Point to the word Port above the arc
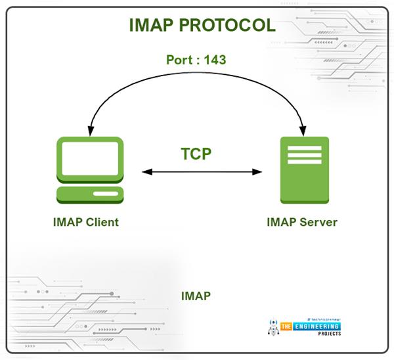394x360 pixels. click(x=179, y=60)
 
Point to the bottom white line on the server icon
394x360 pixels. click(x=305, y=162)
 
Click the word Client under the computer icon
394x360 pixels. click(x=102, y=222)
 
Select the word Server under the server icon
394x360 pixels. click(x=318, y=222)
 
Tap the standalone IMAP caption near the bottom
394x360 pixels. click(x=196, y=296)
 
